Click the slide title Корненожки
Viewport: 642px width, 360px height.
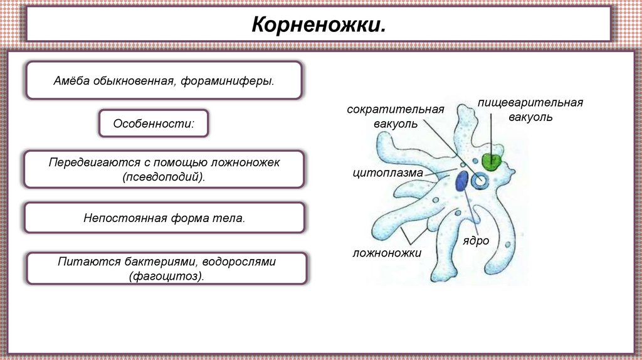point(318,26)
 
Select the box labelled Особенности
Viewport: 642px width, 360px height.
point(153,124)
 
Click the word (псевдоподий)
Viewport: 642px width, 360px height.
point(164,177)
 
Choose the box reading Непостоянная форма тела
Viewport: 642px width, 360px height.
point(164,218)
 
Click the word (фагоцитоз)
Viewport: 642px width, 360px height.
point(167,276)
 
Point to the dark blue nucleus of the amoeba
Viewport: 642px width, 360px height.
point(462,181)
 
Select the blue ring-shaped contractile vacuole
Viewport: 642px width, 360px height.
point(481,181)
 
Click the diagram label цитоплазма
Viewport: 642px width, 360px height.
point(387,172)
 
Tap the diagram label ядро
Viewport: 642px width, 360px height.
point(476,241)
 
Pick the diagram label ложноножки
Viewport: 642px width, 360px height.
point(386,252)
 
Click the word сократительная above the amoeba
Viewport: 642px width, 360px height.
point(395,109)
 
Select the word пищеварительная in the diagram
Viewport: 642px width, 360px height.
point(530,102)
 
